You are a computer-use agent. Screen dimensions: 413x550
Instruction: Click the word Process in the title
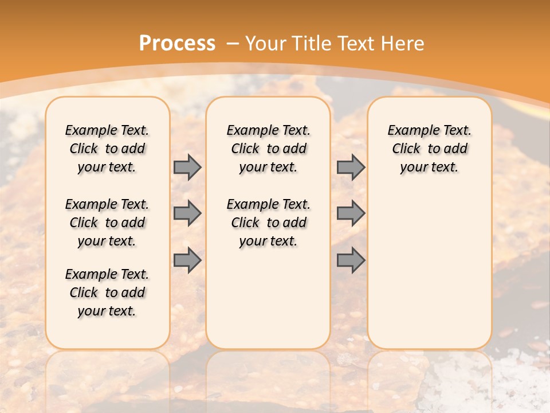click(x=177, y=43)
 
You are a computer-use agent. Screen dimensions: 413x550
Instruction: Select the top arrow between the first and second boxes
click(x=187, y=167)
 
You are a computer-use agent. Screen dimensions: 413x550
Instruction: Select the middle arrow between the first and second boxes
click(x=187, y=213)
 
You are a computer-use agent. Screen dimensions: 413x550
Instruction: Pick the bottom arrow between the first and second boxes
click(x=187, y=260)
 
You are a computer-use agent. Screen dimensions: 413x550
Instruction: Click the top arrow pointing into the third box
click(x=351, y=167)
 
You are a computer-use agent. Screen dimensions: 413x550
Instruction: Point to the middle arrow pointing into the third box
click(x=351, y=213)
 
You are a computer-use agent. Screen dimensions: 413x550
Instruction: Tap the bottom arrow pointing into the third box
click(x=351, y=260)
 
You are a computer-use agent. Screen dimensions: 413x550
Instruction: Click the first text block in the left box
click(x=107, y=149)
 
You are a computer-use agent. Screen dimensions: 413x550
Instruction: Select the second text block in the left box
click(x=107, y=223)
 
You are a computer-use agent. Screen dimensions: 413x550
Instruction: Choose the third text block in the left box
click(x=107, y=293)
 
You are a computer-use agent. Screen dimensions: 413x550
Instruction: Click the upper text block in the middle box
click(x=269, y=149)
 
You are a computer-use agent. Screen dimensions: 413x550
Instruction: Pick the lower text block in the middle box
click(x=269, y=223)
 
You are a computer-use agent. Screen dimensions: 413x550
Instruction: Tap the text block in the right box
click(x=430, y=149)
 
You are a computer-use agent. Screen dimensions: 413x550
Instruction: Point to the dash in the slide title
click(x=233, y=43)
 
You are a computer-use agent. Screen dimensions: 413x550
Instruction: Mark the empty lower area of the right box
click(x=430, y=270)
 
